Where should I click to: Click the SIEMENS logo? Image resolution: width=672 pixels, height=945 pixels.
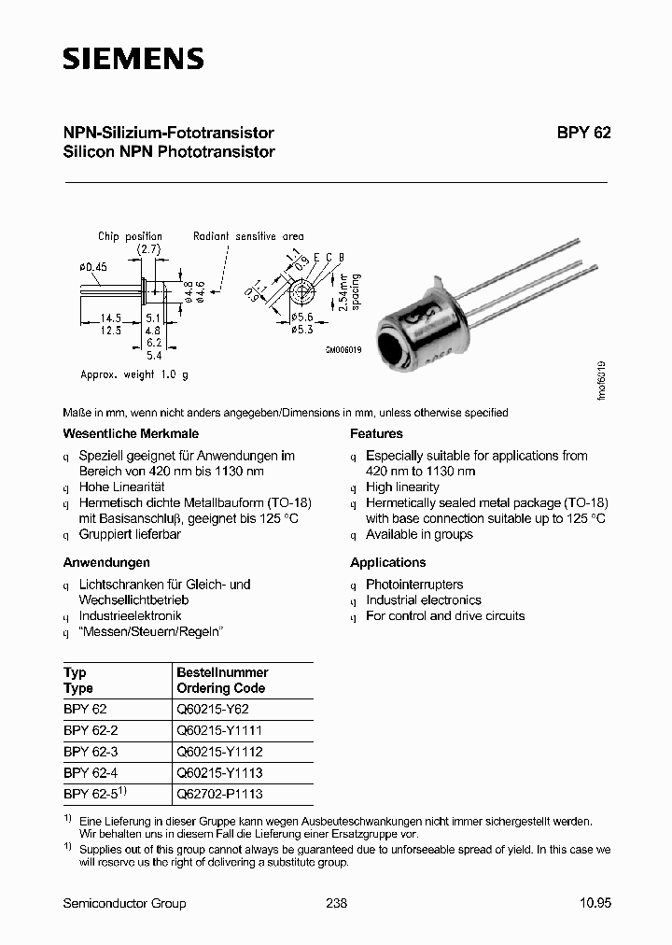[133, 59]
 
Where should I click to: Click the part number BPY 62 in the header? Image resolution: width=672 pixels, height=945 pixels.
[583, 133]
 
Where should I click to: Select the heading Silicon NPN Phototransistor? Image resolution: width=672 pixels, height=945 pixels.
[169, 151]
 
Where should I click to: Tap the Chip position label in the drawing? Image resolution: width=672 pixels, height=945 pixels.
[130, 236]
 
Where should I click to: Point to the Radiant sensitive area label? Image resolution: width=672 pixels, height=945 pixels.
[248, 236]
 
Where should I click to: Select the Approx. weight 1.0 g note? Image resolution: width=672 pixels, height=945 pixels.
[134, 374]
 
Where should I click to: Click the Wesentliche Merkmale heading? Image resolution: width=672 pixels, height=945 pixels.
[131, 433]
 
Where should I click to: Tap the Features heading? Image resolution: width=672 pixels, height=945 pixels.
[376, 433]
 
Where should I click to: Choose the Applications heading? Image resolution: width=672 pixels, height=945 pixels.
[387, 562]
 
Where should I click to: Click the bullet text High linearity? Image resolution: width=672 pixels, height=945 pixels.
[402, 487]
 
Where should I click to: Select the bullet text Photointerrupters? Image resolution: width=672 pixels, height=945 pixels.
[414, 585]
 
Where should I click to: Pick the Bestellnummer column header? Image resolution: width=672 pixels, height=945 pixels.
[222, 672]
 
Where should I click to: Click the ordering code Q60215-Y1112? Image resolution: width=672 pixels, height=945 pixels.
[220, 751]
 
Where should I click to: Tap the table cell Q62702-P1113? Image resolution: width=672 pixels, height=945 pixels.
[220, 794]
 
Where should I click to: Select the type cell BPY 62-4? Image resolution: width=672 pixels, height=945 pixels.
[90, 772]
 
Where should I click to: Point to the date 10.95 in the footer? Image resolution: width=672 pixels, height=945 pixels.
[595, 903]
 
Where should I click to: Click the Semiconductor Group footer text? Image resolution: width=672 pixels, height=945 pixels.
[124, 903]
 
